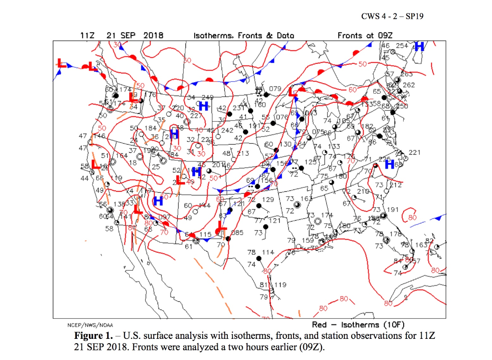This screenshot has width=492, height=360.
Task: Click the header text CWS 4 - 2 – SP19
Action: tap(393, 18)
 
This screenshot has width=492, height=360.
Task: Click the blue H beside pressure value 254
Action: tap(419, 47)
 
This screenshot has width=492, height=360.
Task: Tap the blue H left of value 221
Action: tap(389, 164)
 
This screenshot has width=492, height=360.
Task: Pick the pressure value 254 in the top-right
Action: tap(402, 46)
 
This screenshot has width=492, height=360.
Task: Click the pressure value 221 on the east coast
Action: tap(415, 153)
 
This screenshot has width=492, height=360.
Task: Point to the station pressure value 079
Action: tap(274, 89)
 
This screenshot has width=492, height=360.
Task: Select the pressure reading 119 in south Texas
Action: tap(280, 285)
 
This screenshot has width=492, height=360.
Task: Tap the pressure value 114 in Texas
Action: tap(268, 252)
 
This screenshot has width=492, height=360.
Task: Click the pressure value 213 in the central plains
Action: tap(243, 154)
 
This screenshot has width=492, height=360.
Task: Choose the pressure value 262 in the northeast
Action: tap(409, 85)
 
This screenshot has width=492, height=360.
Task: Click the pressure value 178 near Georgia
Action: tap(395, 234)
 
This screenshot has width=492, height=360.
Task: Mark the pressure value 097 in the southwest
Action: tap(164, 217)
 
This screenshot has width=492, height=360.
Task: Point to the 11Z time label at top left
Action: tap(88, 36)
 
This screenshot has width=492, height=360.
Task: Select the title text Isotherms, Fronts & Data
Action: tap(244, 36)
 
